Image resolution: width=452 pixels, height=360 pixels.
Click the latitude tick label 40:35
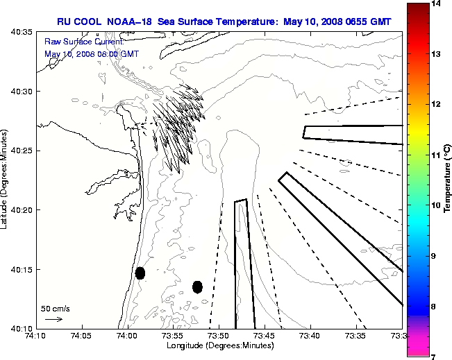click(x=24, y=32)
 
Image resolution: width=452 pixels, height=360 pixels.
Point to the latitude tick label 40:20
click(x=24, y=210)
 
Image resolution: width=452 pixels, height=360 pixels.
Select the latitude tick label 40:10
click(x=24, y=328)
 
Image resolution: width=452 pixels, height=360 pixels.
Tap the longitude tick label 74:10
click(x=36, y=336)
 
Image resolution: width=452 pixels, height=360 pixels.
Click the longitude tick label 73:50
click(x=219, y=336)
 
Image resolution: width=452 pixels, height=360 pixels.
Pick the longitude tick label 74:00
click(x=127, y=336)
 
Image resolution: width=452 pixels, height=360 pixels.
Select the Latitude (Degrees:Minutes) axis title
click(x=6, y=180)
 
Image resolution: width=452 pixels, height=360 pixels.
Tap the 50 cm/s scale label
click(x=56, y=309)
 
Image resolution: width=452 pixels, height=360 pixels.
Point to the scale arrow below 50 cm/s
click(x=53, y=320)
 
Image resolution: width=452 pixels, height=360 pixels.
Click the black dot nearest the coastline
click(x=140, y=273)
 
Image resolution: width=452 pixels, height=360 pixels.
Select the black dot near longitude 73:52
click(x=197, y=286)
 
